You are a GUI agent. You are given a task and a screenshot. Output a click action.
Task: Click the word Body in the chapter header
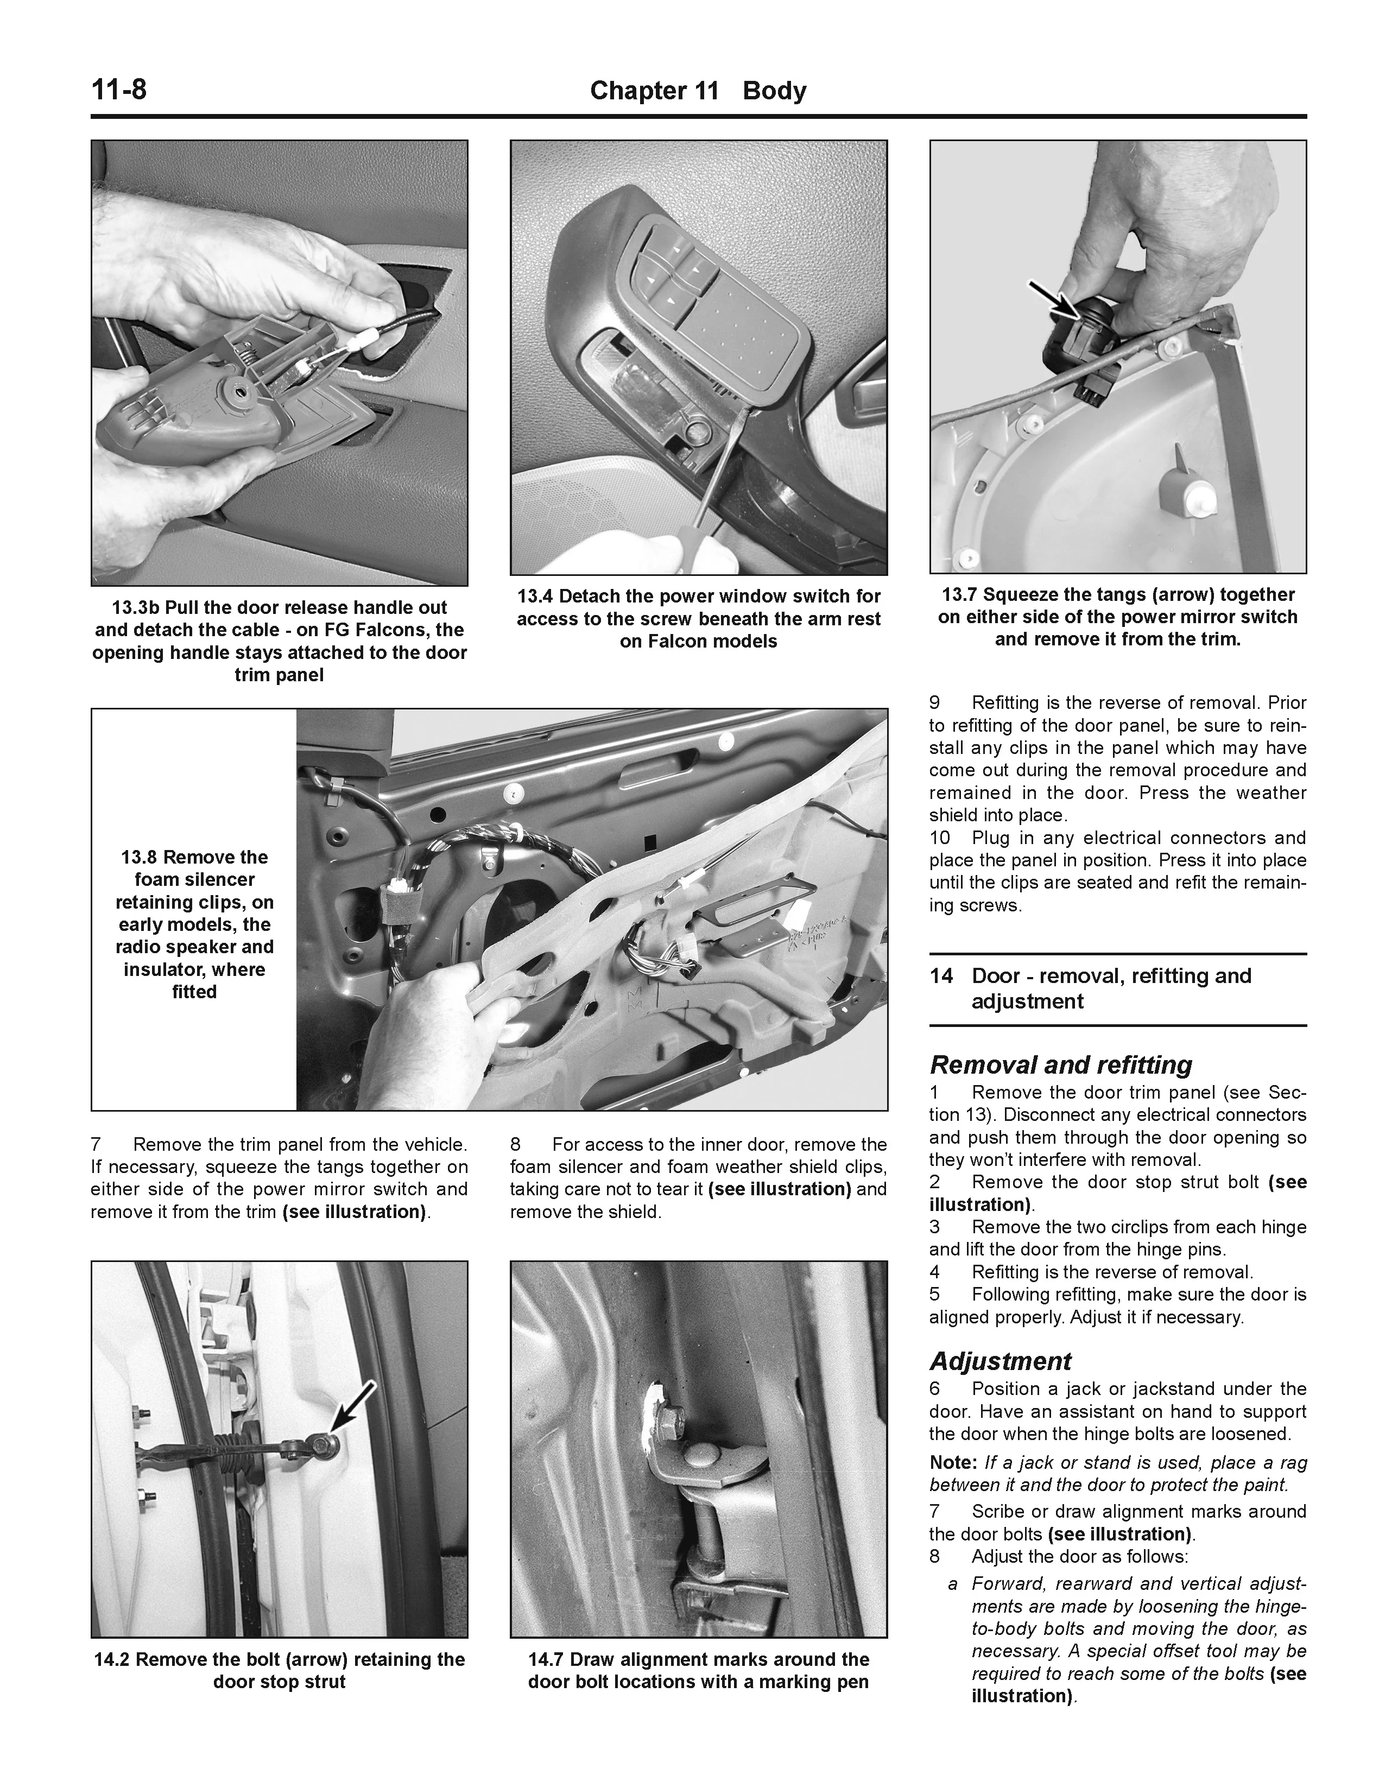click(x=774, y=91)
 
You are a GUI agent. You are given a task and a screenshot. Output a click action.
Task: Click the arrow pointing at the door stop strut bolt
click(x=355, y=1404)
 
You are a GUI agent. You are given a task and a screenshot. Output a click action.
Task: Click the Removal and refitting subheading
click(x=1061, y=1065)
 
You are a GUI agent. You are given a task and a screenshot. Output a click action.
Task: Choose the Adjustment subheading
click(x=999, y=1361)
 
